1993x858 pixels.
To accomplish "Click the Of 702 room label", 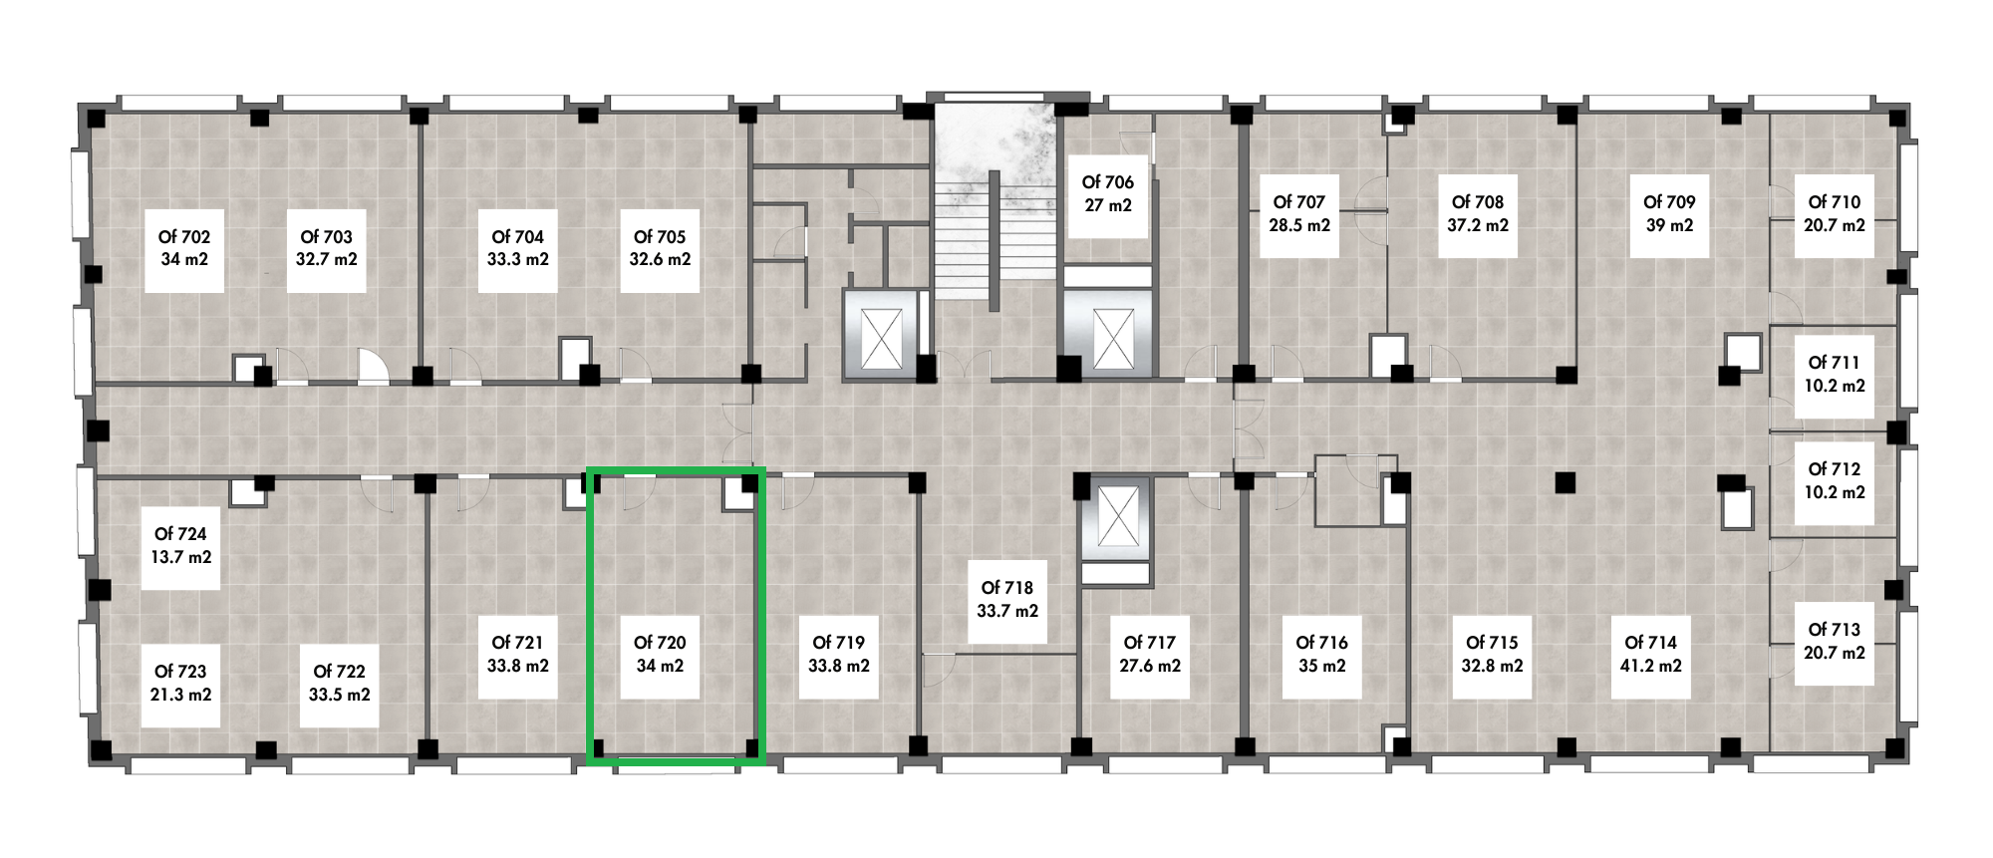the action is point(184,237).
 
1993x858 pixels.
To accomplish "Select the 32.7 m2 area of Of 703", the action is point(327,260).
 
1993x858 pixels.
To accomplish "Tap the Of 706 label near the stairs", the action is point(1108,182).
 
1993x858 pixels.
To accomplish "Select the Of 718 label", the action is point(1007,588).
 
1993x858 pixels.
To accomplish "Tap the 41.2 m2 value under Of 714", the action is point(1651,666).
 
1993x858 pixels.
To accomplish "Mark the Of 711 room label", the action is point(1835,363).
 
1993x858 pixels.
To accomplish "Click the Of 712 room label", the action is point(1835,469).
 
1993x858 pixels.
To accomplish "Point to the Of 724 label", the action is point(180,534).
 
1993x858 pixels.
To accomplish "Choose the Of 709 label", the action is point(1669,202).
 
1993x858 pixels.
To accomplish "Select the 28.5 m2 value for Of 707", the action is point(1299,225).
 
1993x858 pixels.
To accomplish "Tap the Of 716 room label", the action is point(1322,643).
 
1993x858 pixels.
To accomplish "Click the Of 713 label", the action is point(1835,630).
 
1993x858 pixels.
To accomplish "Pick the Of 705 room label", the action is point(660,237).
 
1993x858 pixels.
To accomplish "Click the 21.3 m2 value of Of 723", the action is point(180,695).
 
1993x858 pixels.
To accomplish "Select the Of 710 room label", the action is point(1835,202).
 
